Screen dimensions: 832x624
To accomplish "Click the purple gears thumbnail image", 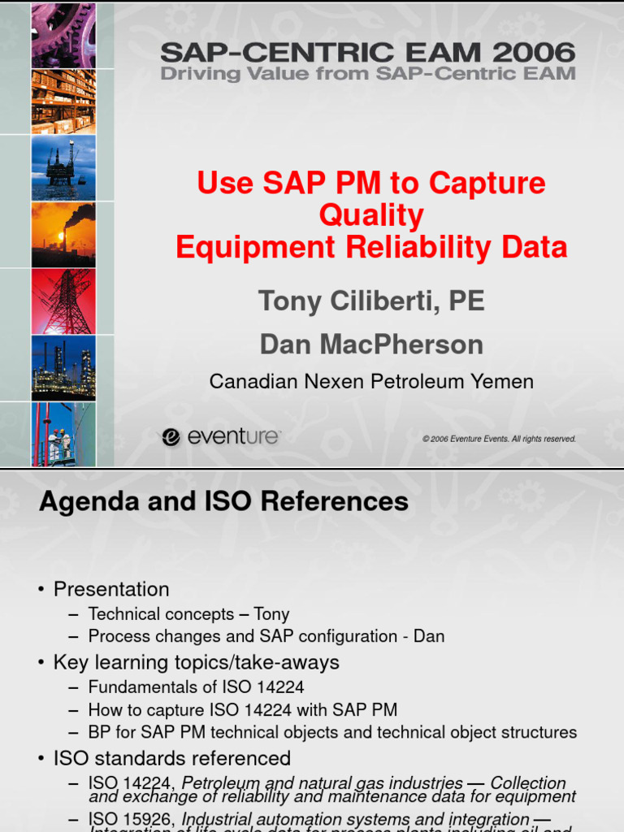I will point(63,35).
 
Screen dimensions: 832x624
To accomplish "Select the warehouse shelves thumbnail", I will point(63,102).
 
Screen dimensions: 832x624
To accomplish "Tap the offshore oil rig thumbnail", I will point(63,168).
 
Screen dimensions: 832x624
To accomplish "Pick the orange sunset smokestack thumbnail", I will point(63,235).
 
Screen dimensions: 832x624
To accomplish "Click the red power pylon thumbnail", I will point(63,301).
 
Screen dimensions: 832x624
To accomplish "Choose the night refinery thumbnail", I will point(63,368).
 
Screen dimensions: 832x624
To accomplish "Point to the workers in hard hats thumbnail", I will point(63,435).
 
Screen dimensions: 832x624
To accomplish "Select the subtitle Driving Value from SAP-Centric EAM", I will point(367,75).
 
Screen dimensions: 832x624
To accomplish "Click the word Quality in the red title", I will point(371,215).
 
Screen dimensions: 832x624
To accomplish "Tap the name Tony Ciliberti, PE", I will point(371,301).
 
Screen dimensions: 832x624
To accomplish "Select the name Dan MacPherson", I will point(371,344).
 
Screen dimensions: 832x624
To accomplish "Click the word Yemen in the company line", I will point(504,382).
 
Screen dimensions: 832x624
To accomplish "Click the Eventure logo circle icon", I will point(171,438).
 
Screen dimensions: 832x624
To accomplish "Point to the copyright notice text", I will point(499,439).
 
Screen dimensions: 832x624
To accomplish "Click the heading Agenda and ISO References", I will point(223,502).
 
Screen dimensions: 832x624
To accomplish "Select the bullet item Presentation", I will point(111,589).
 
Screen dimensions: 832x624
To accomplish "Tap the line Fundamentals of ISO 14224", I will point(196,687).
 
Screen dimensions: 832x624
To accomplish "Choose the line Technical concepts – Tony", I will point(188,614).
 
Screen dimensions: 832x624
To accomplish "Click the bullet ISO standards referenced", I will point(171,758).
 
